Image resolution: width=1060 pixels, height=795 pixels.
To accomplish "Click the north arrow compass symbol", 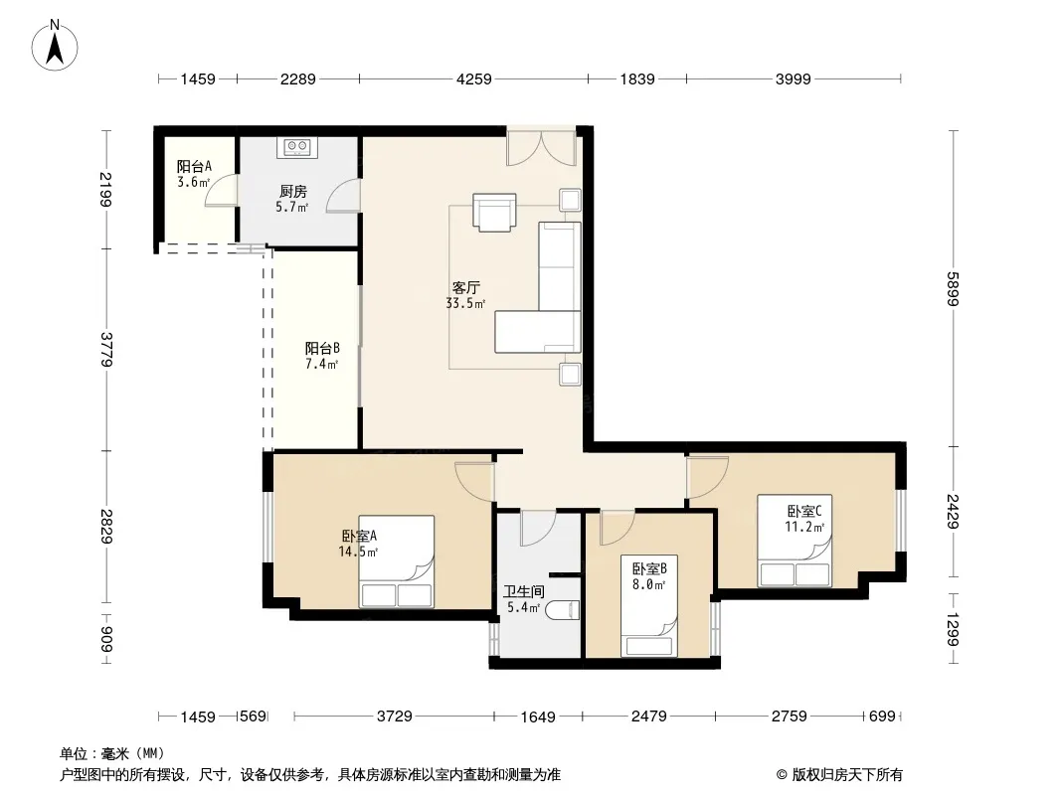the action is tap(55, 46).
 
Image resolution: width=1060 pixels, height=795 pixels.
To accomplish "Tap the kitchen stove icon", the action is tap(296, 146).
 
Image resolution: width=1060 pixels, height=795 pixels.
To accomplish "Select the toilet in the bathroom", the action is tap(563, 610).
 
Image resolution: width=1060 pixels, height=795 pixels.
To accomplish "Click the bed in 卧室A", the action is tap(396, 561).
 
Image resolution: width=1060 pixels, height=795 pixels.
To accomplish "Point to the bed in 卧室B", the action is tap(649, 605).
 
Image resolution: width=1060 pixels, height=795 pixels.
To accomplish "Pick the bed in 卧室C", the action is tap(795, 541).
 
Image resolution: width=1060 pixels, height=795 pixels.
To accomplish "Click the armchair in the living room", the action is tap(494, 212).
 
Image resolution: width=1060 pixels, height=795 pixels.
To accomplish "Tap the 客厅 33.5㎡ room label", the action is tap(465, 295).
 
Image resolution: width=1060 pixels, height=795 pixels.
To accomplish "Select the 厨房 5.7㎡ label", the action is tap(292, 200).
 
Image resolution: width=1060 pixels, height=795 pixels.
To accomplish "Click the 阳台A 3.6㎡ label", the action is tap(194, 174).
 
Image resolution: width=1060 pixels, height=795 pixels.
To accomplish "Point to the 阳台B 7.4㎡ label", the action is tap(322, 356).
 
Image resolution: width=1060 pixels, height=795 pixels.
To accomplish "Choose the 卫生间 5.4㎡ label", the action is tap(524, 599).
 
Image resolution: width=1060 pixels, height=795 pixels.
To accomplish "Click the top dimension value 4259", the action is tap(474, 79).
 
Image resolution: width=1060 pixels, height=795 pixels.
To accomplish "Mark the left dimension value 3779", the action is tap(106, 349).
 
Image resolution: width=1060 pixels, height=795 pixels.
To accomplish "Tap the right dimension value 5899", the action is tap(953, 288).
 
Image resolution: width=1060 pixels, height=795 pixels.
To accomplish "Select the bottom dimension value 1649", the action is tap(538, 716).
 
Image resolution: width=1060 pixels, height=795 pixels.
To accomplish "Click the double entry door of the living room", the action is tap(541, 146).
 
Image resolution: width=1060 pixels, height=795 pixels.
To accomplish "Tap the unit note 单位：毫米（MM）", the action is tap(112, 754).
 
